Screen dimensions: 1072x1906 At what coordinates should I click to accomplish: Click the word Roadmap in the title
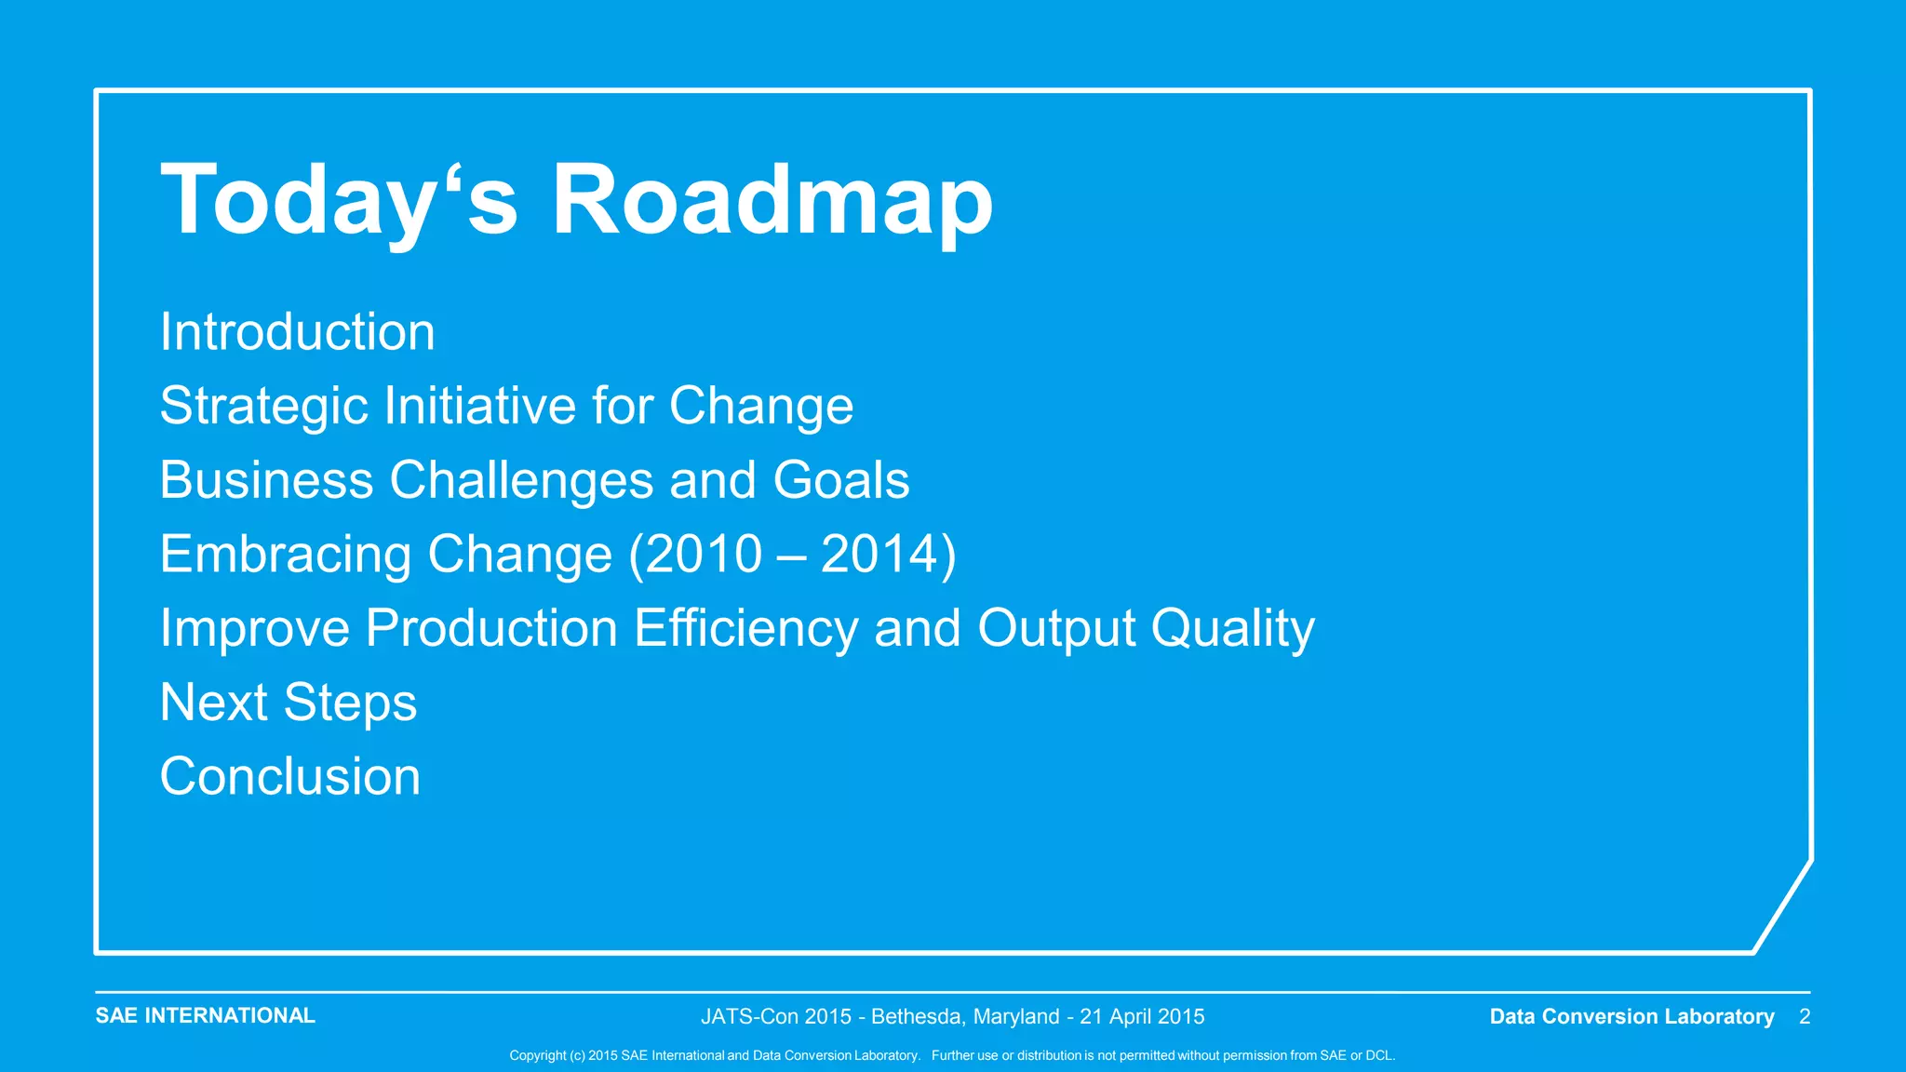tap(772, 201)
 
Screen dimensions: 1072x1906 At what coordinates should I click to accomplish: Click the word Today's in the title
tap(339, 201)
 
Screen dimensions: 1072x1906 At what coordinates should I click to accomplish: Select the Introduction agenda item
tap(297, 332)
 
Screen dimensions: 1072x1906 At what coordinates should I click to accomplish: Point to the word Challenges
tap(521, 480)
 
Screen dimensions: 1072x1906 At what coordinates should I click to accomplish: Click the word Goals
tap(841, 480)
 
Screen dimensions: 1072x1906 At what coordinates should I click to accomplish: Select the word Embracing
tap(285, 555)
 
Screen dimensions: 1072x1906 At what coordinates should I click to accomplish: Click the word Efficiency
tap(746, 628)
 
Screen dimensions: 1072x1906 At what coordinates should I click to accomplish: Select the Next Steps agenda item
tap(289, 703)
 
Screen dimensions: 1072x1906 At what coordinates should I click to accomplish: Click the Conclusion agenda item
tap(290, 776)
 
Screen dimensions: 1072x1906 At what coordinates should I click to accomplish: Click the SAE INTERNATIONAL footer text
tap(205, 1015)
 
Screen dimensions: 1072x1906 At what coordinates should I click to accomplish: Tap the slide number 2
tap(1805, 1016)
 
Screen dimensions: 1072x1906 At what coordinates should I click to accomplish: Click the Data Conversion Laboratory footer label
tap(1631, 1016)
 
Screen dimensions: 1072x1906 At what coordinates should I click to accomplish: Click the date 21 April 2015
tap(1142, 1016)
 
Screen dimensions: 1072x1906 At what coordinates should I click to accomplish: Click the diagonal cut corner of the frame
tap(1782, 906)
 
